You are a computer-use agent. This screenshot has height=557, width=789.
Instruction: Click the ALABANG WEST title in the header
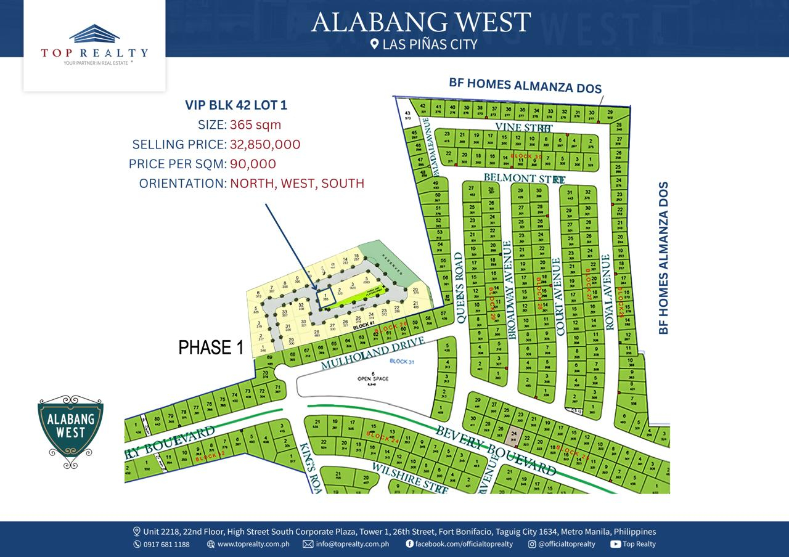(x=420, y=22)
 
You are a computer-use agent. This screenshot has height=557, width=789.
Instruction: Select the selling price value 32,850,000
(x=265, y=145)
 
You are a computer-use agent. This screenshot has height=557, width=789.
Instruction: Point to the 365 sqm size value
(x=255, y=125)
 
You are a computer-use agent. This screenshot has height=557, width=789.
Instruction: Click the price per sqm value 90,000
(x=253, y=164)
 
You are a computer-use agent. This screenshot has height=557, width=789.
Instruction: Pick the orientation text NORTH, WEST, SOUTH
(x=297, y=184)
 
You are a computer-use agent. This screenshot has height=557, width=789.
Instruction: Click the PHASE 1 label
(x=211, y=348)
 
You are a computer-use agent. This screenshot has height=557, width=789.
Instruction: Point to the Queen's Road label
(x=458, y=287)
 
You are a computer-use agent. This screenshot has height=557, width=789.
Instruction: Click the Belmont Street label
(x=524, y=179)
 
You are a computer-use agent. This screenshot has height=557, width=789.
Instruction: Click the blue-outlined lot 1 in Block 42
(x=325, y=298)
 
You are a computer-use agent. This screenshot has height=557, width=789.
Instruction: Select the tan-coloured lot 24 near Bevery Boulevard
(x=514, y=437)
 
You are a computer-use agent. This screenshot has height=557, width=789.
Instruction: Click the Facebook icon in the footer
(x=409, y=544)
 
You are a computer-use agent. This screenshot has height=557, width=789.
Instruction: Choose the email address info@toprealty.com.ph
(x=352, y=544)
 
